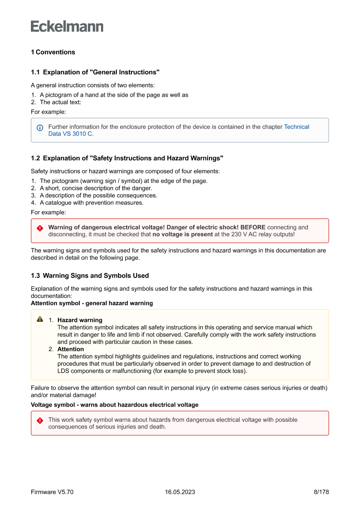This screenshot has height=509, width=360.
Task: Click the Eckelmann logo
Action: pyautogui.click(x=67, y=27)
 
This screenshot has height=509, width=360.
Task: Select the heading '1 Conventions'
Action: pyautogui.click(x=53, y=52)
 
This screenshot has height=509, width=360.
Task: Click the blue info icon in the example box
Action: pyautogui.click(x=40, y=128)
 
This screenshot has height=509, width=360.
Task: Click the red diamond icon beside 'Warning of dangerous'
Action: pyautogui.click(x=40, y=228)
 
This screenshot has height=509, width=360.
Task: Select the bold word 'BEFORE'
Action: pyautogui.click(x=252, y=227)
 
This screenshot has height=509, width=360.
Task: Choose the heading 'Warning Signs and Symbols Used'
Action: pyautogui.click(x=96, y=276)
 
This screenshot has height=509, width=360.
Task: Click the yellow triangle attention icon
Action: pyautogui.click(x=40, y=320)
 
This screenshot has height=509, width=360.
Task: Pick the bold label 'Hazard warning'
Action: pyautogui.click(x=80, y=320)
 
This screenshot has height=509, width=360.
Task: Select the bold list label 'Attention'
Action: pyautogui.click(x=71, y=349)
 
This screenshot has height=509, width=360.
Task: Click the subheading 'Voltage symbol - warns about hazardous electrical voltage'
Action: pyautogui.click(x=114, y=405)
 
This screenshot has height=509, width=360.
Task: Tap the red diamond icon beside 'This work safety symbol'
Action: pyautogui.click(x=40, y=421)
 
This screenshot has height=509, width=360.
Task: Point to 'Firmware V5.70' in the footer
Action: pyautogui.click(x=52, y=492)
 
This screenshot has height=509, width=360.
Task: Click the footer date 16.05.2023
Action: pyautogui.click(x=180, y=492)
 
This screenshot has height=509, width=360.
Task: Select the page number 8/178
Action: pyautogui.click(x=321, y=492)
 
